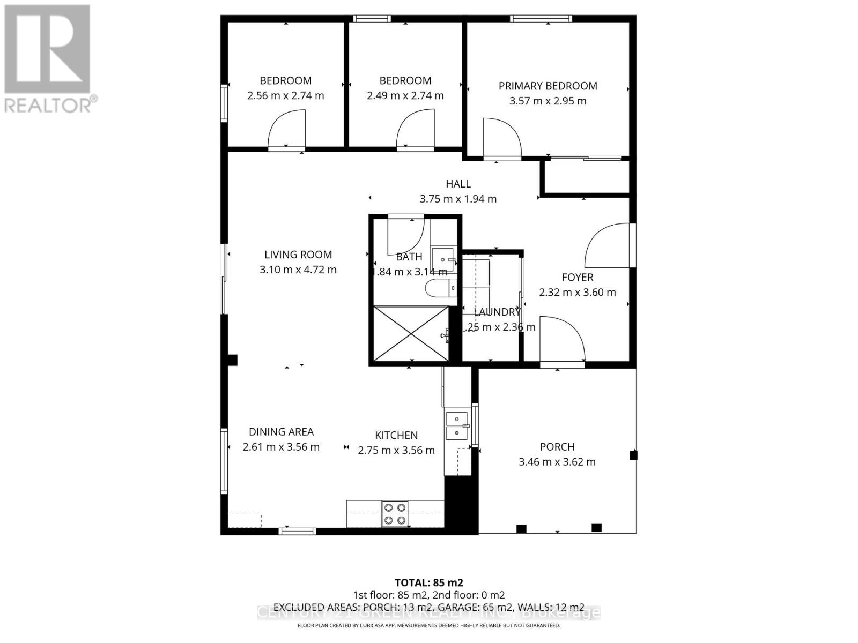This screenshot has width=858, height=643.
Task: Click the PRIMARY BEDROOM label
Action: point(548,86)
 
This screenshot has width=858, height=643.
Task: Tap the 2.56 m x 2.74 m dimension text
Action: point(285,96)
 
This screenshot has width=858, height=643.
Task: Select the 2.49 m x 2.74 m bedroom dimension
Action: point(405,96)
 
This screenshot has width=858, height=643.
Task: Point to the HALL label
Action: point(458,184)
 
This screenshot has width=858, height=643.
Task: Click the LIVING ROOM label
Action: point(298,255)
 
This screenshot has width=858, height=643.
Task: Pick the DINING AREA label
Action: point(281,432)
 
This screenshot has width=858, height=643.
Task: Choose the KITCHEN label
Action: point(396,436)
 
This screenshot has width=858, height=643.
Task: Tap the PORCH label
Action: point(557,447)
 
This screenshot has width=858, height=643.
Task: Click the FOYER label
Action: point(578,277)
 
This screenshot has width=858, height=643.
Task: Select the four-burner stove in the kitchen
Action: point(395,513)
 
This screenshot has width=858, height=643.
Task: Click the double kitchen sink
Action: point(456,425)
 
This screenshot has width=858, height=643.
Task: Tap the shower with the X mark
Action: point(411,333)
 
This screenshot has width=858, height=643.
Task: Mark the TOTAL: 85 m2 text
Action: point(428,582)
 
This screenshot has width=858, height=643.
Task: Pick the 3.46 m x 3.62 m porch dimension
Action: point(557,462)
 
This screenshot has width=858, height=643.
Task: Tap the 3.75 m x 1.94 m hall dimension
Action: point(458,199)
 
